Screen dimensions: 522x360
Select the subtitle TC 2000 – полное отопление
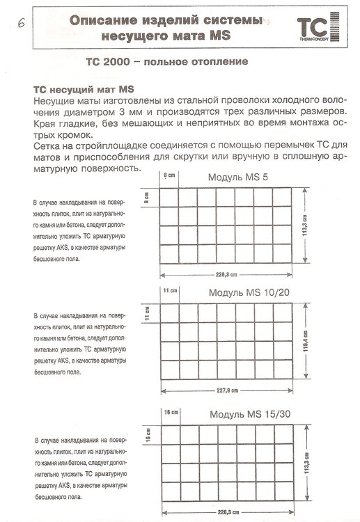pyautogui.click(x=167, y=62)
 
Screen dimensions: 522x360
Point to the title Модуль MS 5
pyautogui.click(x=238, y=178)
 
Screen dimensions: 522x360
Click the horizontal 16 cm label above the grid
pyautogui.click(x=171, y=412)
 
